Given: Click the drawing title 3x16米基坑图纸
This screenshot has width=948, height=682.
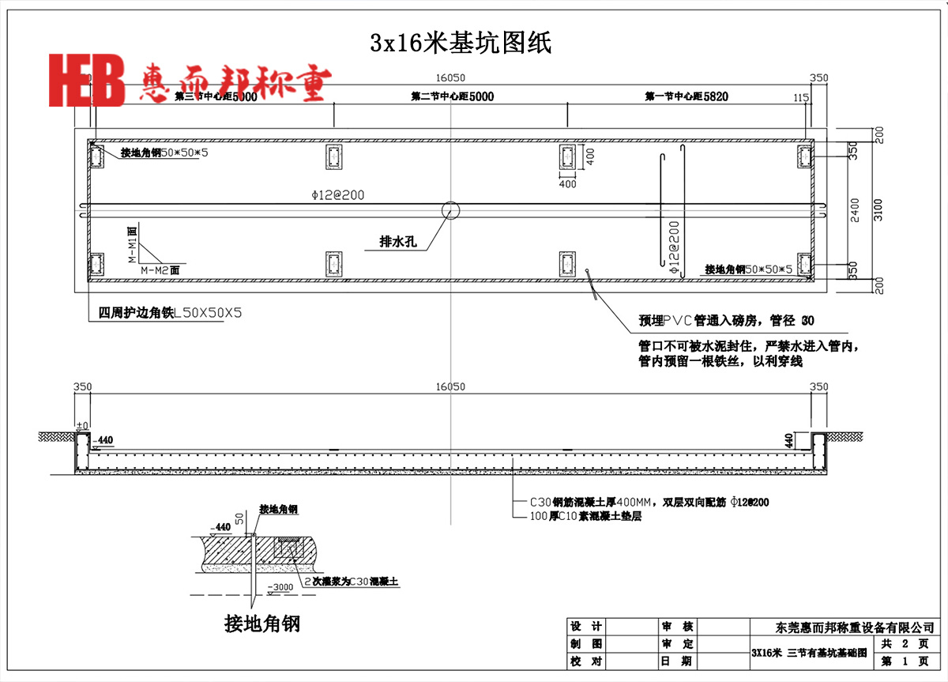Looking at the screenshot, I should (461, 43).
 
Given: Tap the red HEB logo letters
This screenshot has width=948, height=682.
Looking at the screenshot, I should (87, 80).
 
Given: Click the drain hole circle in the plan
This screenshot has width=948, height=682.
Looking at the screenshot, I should (450, 210).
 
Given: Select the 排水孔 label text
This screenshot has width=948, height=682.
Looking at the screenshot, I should (397, 242).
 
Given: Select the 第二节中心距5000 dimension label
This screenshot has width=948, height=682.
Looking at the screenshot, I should (452, 96).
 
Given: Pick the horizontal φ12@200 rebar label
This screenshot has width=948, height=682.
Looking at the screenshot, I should (338, 194).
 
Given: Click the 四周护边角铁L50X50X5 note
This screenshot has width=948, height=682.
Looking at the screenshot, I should (164, 313).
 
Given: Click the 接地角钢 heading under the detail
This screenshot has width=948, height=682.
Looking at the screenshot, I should (262, 624).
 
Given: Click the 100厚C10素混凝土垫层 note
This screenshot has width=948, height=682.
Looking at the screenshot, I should (576, 516).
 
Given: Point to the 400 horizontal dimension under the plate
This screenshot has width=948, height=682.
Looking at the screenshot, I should (567, 184).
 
